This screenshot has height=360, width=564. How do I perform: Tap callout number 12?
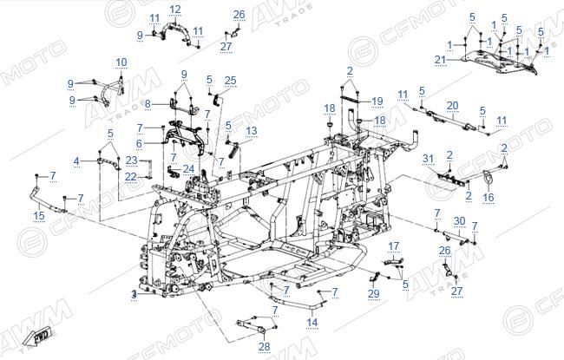[x=175, y=10]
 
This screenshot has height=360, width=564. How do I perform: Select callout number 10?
[x=121, y=62]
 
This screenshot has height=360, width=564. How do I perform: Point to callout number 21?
[x=440, y=60]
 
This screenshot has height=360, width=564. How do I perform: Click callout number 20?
[x=452, y=106]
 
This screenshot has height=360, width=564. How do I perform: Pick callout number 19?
[x=377, y=101]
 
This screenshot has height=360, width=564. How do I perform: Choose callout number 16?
[x=489, y=197]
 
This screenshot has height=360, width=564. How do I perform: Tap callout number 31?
[x=428, y=159]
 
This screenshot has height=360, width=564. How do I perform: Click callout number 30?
[x=459, y=221]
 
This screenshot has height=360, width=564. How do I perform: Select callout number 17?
[x=394, y=246]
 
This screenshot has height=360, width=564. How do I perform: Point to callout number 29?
[x=374, y=294]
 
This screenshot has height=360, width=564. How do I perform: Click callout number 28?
[x=264, y=347]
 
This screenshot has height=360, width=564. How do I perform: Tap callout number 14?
[x=312, y=322]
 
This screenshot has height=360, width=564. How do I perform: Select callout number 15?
[x=39, y=215]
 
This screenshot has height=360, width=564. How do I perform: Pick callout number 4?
[x=76, y=161]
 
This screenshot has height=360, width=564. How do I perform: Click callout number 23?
[x=131, y=160]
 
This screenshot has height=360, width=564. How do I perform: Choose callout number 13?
[x=252, y=131]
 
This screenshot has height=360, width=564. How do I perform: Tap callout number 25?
[x=230, y=81]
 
